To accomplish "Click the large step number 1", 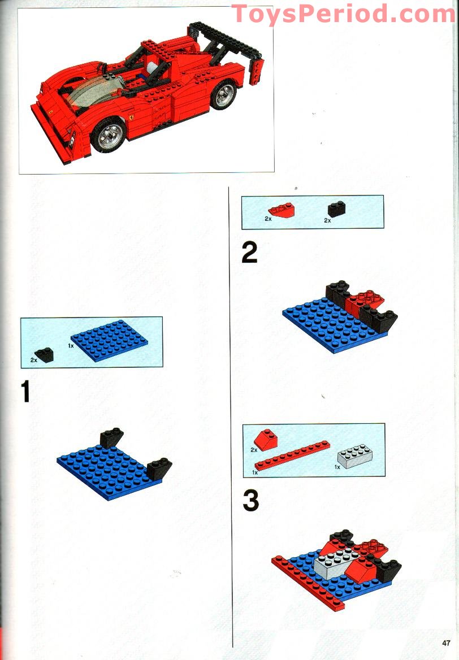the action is (25, 391).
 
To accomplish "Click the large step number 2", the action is (249, 253).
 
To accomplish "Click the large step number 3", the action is (250, 501).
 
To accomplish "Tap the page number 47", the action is (446, 642).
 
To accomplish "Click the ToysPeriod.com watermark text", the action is (343, 14).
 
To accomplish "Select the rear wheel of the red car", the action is (224, 95).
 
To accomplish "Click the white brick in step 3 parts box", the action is (354, 457).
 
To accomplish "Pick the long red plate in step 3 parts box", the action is (292, 455).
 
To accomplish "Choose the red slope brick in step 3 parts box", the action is (266, 440).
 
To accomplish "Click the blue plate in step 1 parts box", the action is (109, 340).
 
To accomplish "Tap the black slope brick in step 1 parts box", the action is (45, 355).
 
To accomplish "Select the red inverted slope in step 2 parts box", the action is (282, 209).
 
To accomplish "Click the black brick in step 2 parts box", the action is (336, 209).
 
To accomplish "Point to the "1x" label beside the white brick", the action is (337, 467).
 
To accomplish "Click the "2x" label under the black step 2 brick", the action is (327, 220).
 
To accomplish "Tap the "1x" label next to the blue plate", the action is (71, 346).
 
